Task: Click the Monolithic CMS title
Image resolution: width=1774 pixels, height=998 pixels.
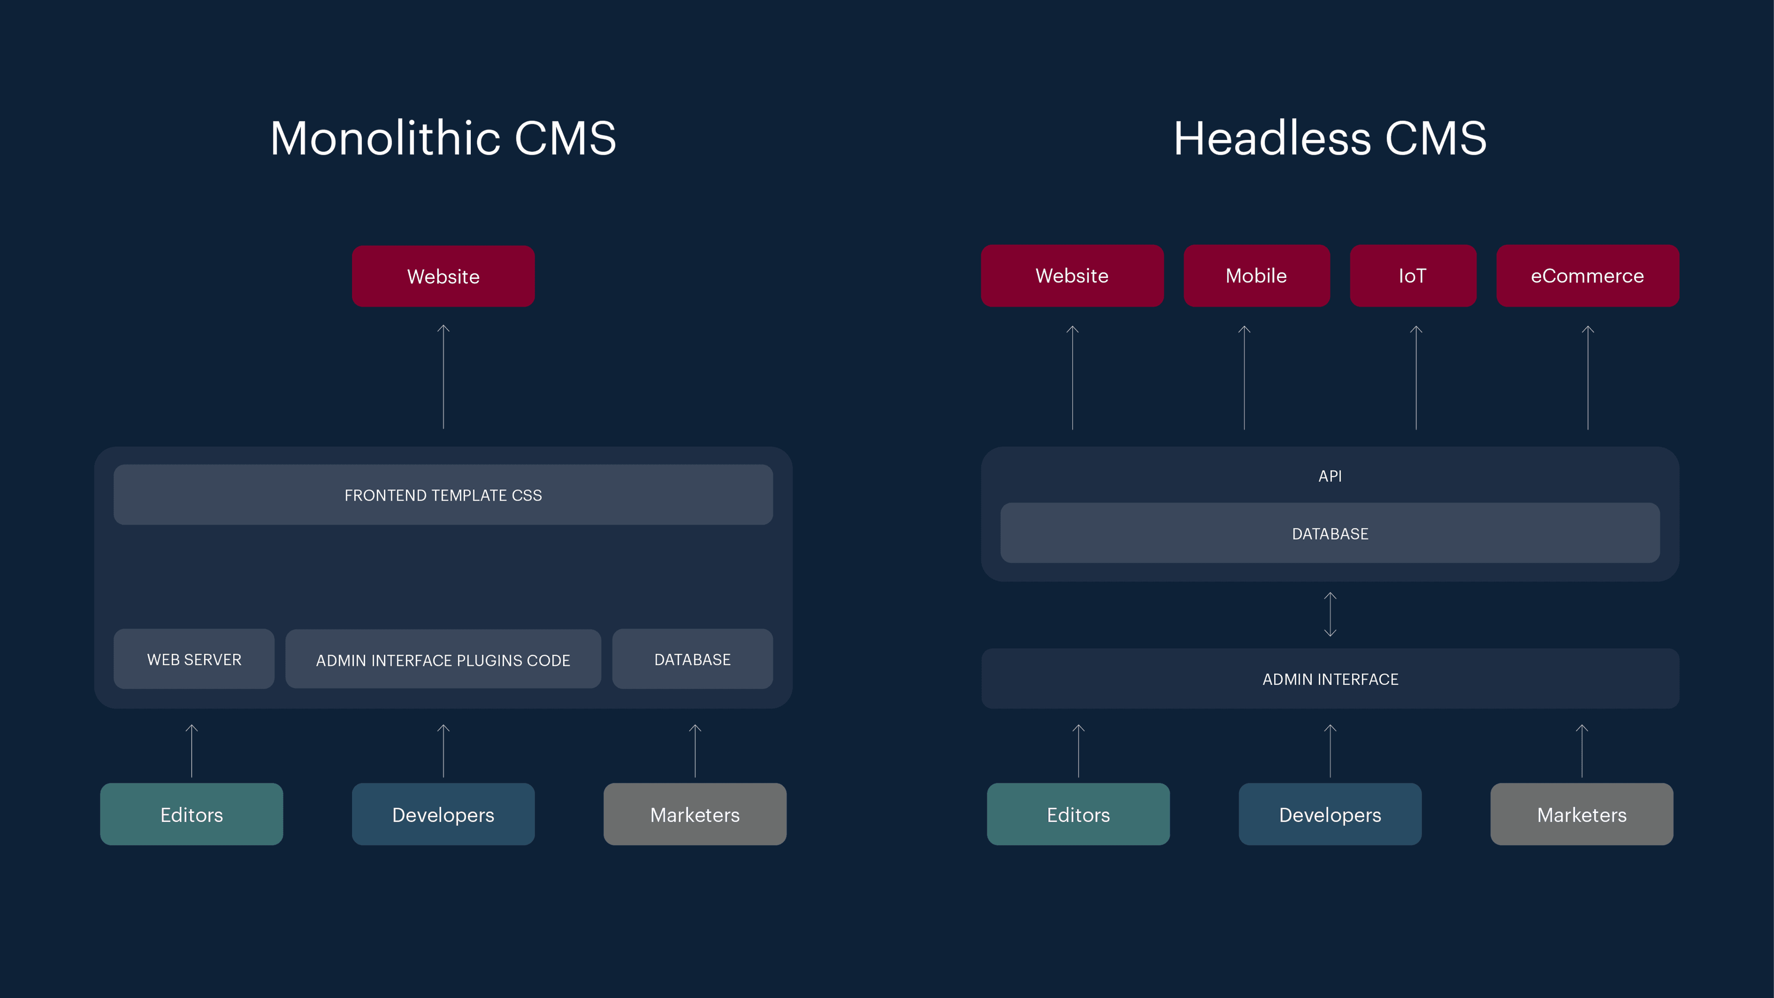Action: tap(443, 139)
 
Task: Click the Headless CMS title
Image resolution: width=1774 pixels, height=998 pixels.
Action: tap(1330, 139)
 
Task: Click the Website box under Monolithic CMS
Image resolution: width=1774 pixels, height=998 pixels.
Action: tap(443, 276)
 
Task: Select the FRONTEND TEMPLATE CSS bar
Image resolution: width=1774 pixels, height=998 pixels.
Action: tap(443, 495)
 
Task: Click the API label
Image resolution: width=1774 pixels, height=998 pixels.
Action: tap(1330, 476)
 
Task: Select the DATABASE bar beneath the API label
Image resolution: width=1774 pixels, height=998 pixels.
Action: tap(1330, 533)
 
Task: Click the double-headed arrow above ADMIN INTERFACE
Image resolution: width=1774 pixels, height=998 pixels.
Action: tap(1330, 614)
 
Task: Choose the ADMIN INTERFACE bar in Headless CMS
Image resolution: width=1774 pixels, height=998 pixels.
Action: tap(1330, 678)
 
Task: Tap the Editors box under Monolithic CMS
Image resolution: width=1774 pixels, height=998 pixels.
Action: tap(191, 814)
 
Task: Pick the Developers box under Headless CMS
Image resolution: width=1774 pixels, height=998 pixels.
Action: tap(1330, 814)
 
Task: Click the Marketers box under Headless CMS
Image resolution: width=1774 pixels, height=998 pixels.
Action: tap(1582, 814)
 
